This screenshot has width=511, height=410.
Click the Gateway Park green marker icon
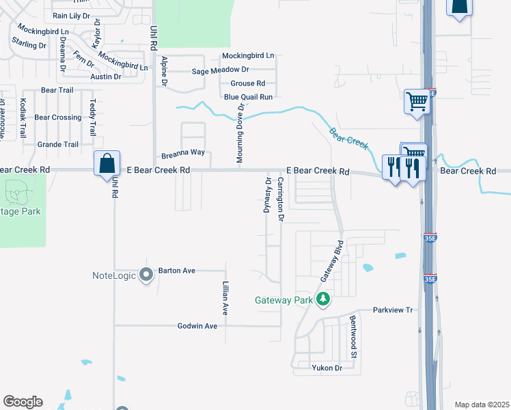click(x=324, y=299)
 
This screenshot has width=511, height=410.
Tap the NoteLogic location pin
click(x=146, y=275)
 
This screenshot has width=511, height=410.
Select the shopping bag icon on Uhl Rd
click(x=107, y=164)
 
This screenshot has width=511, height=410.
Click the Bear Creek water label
click(x=348, y=139)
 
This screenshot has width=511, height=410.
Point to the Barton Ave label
click(x=176, y=271)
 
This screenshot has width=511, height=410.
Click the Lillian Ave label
click(x=225, y=297)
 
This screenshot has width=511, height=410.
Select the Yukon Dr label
click(x=326, y=368)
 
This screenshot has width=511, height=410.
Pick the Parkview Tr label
click(x=394, y=310)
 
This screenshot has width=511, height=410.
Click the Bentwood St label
click(x=354, y=337)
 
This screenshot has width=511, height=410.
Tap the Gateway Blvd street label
click(x=331, y=261)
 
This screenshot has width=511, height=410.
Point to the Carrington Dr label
click(x=280, y=199)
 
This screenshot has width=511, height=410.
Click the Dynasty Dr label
click(x=267, y=195)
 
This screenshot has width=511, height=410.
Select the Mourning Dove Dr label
click(x=240, y=135)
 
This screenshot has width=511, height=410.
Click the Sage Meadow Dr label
click(x=221, y=70)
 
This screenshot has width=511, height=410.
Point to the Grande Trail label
click(x=58, y=144)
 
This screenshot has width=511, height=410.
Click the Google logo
click(x=23, y=402)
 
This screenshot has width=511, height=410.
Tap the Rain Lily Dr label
click(x=72, y=16)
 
